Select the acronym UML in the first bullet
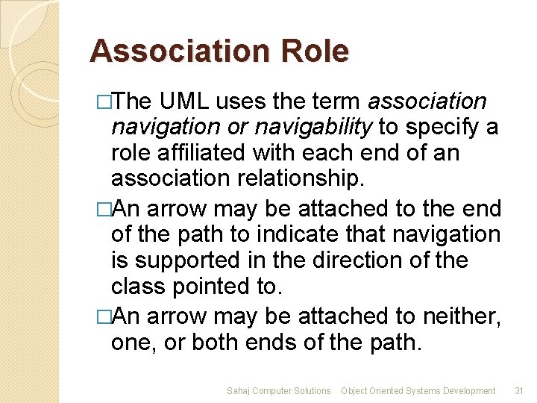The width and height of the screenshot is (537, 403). point(189,101)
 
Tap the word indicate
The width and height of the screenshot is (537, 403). point(274,234)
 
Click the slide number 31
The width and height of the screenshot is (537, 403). point(521,390)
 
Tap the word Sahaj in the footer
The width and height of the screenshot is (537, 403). point(239,390)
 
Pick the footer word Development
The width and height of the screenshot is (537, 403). point(469,390)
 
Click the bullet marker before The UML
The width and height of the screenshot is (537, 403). point(104,101)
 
